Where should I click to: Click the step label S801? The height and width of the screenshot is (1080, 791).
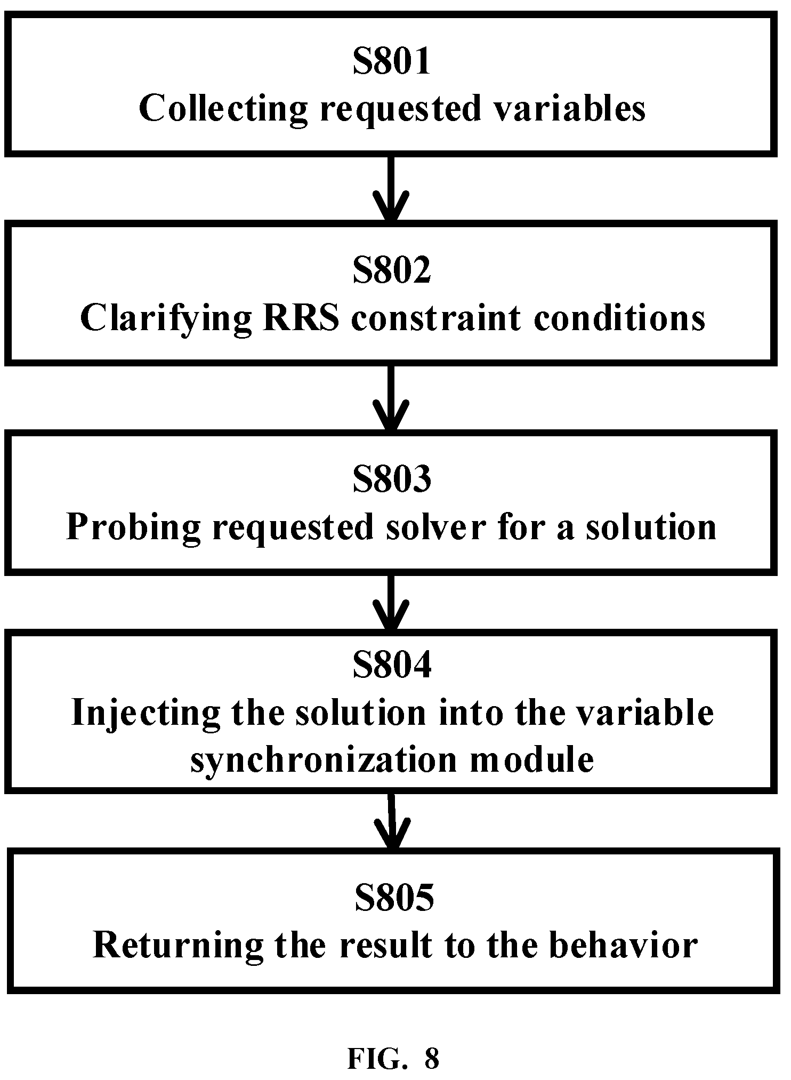pyautogui.click(x=392, y=62)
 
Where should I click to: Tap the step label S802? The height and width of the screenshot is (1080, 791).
pyautogui.click(x=392, y=270)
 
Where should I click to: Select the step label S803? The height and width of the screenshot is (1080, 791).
pyautogui.click(x=392, y=479)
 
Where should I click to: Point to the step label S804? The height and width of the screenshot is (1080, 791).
pyautogui.click(x=392, y=666)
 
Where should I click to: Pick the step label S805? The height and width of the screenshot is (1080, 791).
pyautogui.click(x=394, y=898)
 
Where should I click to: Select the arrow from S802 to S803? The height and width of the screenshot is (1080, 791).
pyautogui.click(x=391, y=397)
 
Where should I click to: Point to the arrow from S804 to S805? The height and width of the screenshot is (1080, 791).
pyautogui.click(x=392, y=822)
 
